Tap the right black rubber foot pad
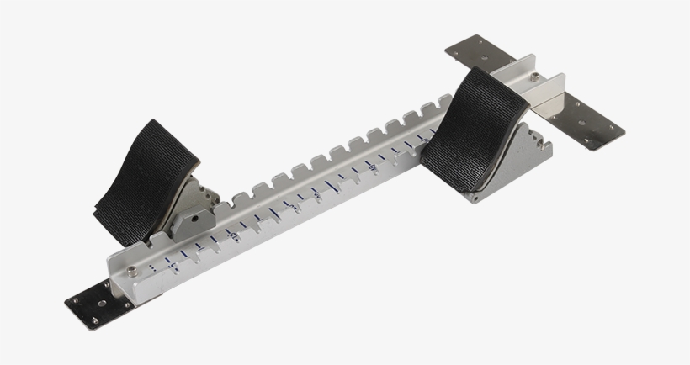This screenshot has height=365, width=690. (x=479, y=126)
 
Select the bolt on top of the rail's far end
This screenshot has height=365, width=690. (x=535, y=77)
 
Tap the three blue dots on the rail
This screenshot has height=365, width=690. (x=154, y=267)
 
